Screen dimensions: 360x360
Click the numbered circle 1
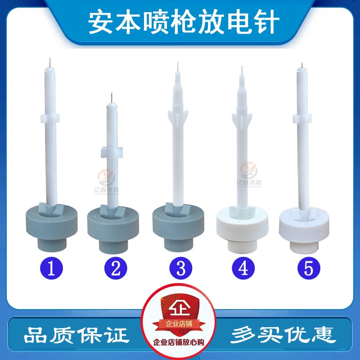52,269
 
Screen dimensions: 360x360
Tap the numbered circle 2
113,269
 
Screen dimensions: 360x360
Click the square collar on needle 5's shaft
302,118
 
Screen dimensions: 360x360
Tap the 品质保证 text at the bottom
76,334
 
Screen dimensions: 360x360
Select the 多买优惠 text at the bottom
283,334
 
